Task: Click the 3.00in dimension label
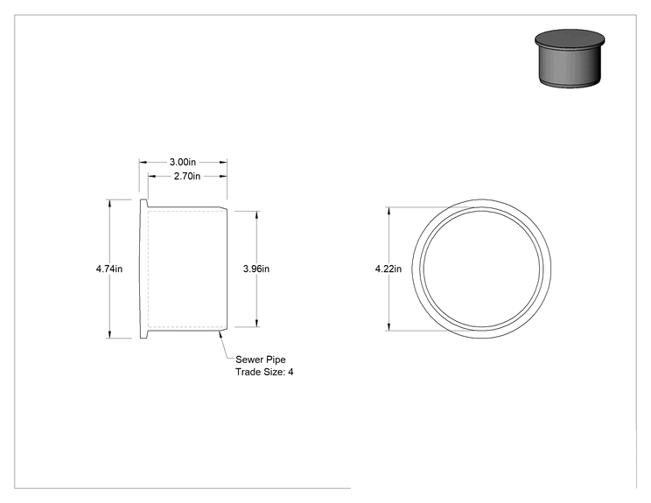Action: [183, 162]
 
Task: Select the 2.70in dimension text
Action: [187, 176]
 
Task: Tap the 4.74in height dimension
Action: [109, 269]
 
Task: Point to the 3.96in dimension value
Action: [256, 269]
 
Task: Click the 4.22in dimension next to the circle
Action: [388, 269]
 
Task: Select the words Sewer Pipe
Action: [261, 360]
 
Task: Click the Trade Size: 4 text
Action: [264, 372]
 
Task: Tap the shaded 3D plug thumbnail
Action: [570, 58]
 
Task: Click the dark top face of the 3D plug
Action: [570, 38]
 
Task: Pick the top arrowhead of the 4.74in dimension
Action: [109, 203]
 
